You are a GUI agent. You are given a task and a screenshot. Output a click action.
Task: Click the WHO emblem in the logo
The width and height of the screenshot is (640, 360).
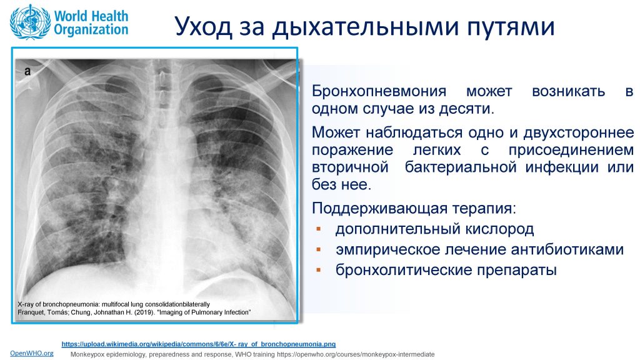click(x=31, y=22)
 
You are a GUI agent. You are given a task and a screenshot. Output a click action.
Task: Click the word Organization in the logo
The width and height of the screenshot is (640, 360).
click(x=91, y=30)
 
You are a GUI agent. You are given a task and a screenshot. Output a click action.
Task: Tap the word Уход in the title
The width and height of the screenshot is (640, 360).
click(x=203, y=26)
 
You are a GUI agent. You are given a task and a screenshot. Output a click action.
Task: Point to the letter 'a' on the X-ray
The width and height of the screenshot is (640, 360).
click(x=27, y=71)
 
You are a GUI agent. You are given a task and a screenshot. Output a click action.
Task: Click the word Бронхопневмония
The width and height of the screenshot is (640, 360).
click(x=379, y=91)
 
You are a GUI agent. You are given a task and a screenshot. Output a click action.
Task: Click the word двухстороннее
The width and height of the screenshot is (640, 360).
click(x=579, y=132)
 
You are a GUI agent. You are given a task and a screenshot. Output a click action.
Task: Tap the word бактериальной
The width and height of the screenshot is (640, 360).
click(x=461, y=167)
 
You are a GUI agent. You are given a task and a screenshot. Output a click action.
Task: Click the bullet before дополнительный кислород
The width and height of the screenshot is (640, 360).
click(x=319, y=229)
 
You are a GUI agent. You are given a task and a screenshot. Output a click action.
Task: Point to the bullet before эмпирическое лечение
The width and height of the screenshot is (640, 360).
click(x=319, y=249)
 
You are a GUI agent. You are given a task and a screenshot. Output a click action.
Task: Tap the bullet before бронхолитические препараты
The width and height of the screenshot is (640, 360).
click(x=319, y=270)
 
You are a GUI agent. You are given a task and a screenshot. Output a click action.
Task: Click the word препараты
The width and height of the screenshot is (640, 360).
click(x=516, y=270)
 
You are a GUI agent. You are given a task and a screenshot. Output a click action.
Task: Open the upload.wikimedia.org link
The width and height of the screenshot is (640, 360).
click(x=199, y=344)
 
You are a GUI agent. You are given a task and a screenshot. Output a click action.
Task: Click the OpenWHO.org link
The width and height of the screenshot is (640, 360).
click(x=32, y=353)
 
